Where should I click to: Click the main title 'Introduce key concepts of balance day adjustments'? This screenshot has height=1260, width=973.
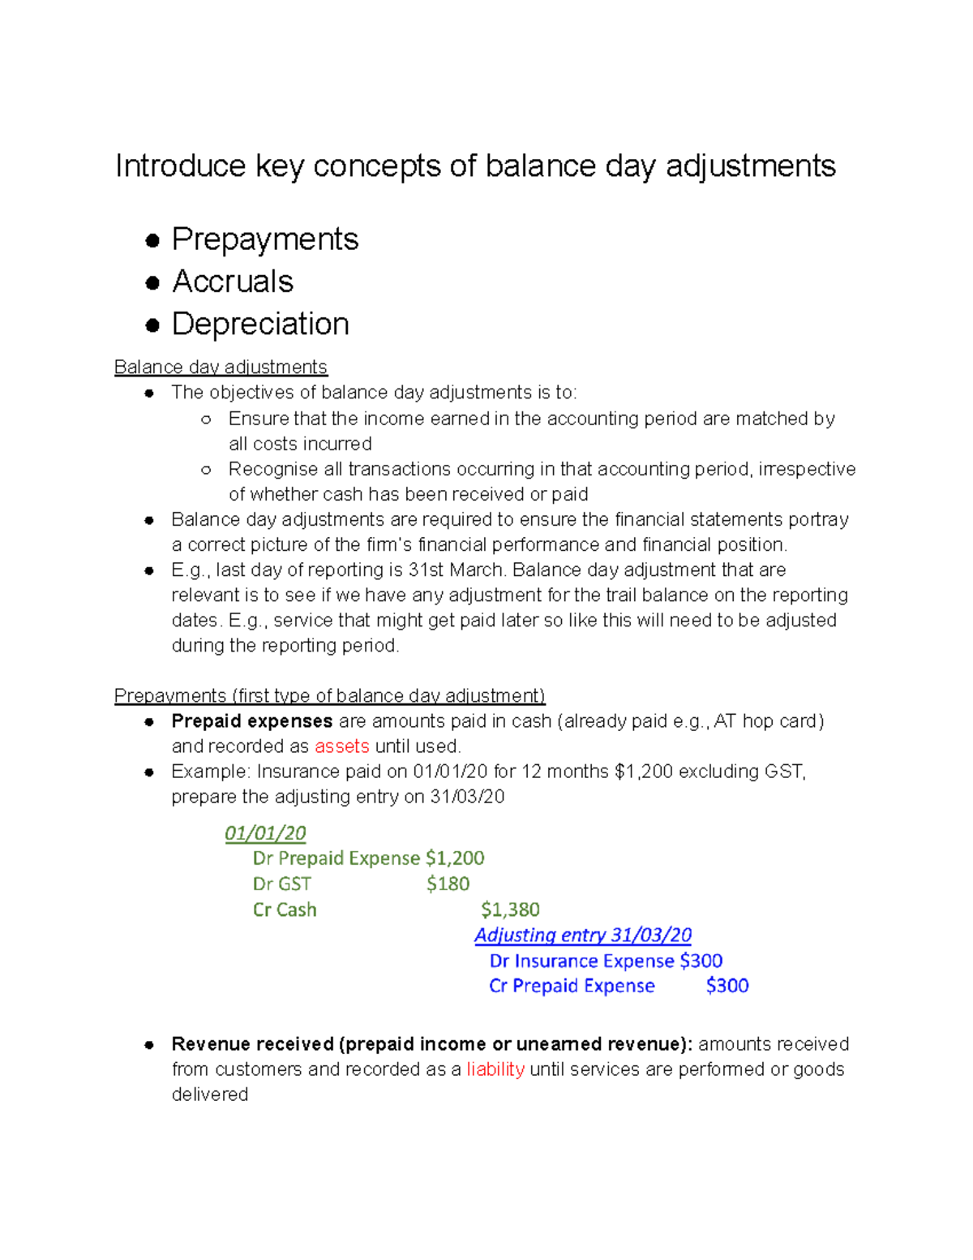(475, 166)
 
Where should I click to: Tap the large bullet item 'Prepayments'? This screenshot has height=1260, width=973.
(264, 239)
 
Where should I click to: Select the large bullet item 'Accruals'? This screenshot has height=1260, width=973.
(233, 282)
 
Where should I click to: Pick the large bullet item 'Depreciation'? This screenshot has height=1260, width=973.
(260, 324)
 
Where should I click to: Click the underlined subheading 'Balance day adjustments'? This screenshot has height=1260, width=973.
(221, 367)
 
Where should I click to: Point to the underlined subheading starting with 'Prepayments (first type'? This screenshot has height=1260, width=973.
(329, 695)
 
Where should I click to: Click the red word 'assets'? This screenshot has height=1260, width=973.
(341, 746)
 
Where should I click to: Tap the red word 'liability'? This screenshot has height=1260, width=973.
(495, 1069)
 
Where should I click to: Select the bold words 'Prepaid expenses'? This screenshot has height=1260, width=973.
(251, 721)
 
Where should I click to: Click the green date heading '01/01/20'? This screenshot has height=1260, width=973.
(265, 833)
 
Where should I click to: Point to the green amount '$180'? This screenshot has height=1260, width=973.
(448, 884)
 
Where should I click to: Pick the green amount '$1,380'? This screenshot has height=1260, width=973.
(510, 910)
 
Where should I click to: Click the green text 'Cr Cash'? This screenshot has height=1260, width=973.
(285, 910)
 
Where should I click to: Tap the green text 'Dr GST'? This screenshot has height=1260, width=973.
(281, 884)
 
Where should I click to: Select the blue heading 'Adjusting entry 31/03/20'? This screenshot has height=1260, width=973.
(583, 935)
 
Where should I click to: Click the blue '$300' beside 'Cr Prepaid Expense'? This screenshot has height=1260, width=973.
(727, 986)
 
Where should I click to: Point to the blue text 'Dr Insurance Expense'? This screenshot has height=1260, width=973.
(581, 961)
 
